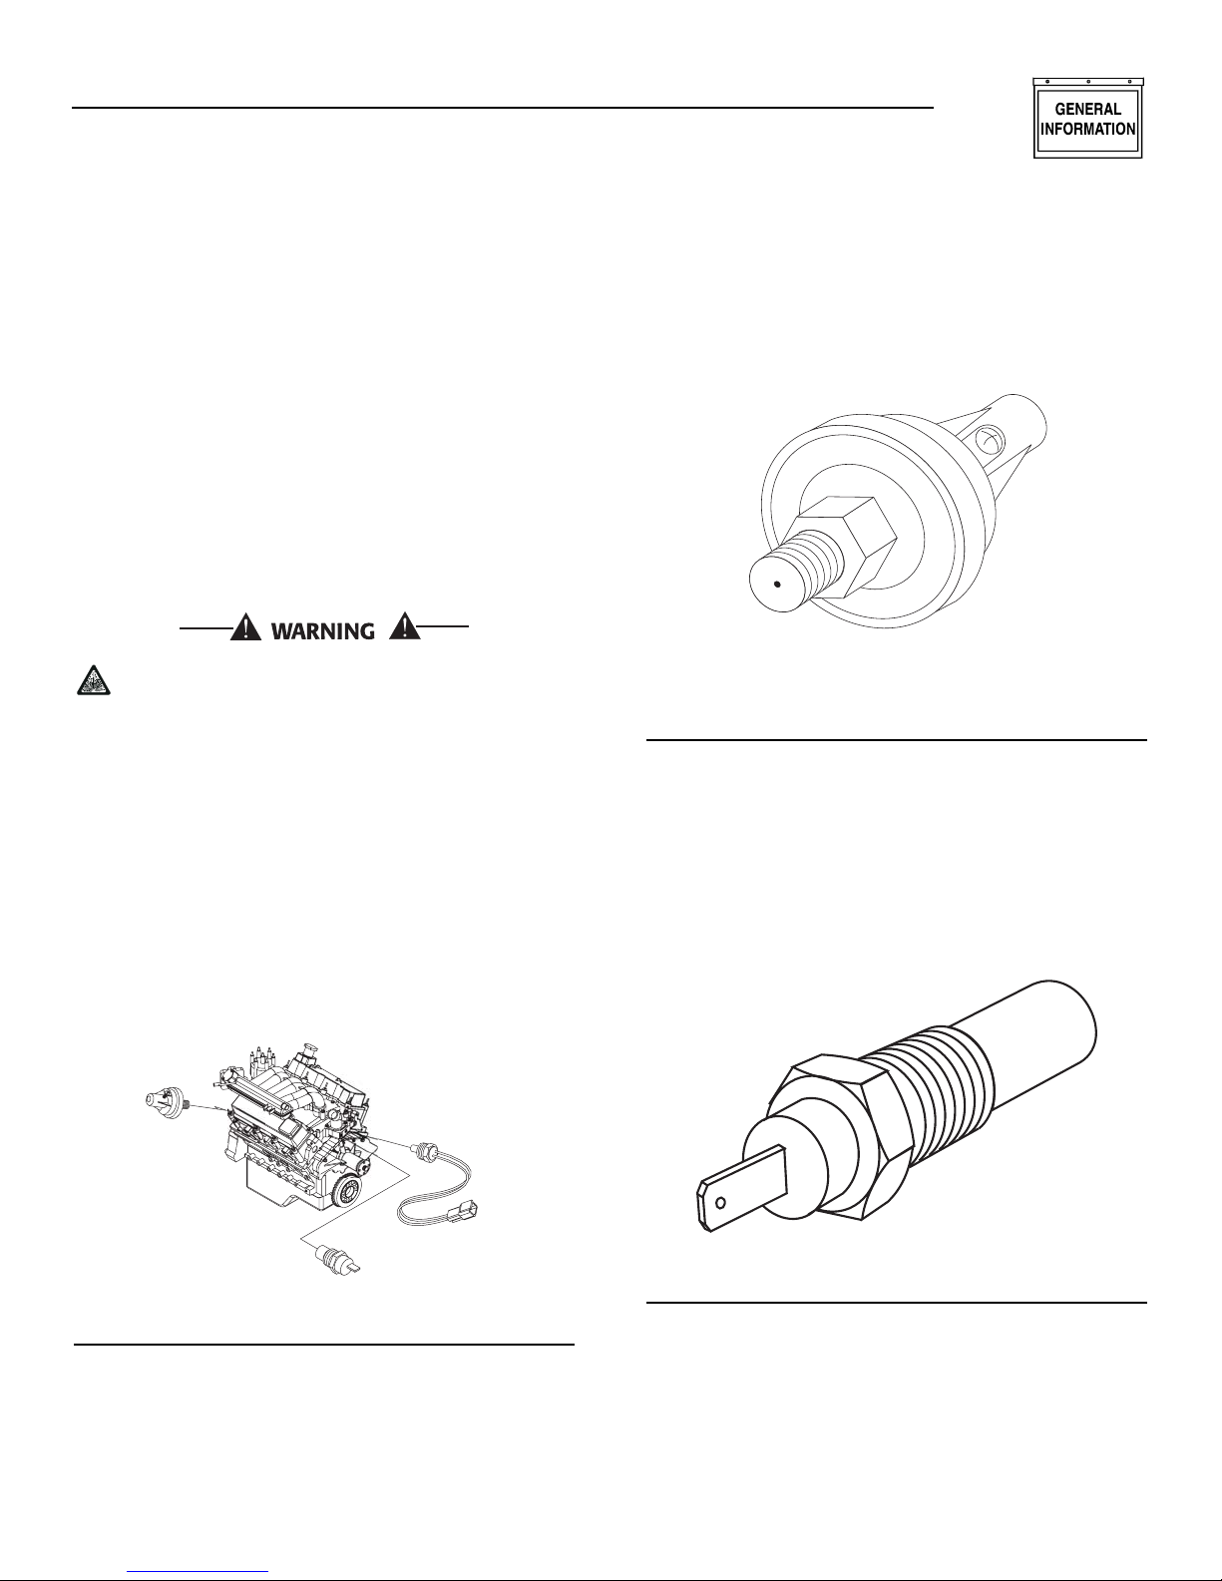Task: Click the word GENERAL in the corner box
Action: (1087, 109)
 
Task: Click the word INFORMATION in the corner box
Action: (1087, 129)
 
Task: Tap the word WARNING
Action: (322, 630)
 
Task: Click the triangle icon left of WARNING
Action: (245, 627)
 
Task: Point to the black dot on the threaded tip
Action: (777, 584)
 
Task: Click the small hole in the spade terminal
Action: (720, 1202)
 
